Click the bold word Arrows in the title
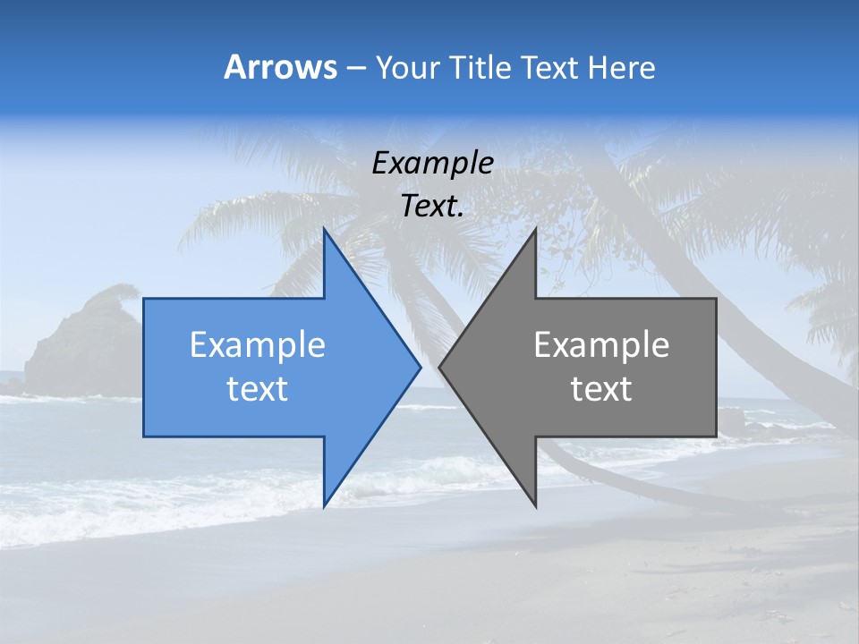280,67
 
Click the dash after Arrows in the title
355,68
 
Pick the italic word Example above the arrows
432,163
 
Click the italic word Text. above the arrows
432,207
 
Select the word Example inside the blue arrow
258,344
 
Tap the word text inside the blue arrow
258,389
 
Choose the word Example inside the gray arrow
601,344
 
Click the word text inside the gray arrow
601,389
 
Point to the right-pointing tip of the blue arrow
420,367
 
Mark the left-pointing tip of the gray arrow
440,367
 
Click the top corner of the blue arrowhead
325,229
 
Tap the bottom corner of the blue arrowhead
325,505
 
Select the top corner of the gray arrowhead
535,229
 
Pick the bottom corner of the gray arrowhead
535,505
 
